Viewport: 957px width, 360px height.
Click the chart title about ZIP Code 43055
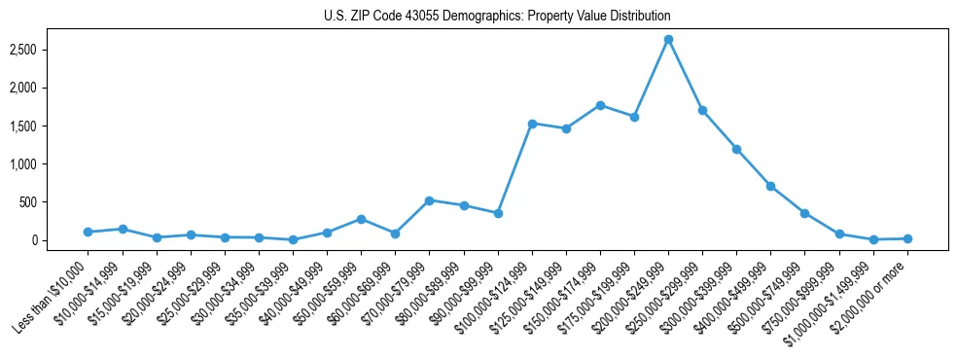pyautogui.click(x=497, y=17)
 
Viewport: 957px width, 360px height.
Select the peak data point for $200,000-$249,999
pyautogui.click(x=668, y=40)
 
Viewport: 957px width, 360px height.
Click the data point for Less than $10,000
pyautogui.click(x=89, y=232)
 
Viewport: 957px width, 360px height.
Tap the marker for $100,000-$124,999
pyautogui.click(x=532, y=124)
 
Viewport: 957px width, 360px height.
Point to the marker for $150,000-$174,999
pyautogui.click(x=600, y=105)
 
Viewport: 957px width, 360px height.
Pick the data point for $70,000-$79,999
pyautogui.click(x=429, y=200)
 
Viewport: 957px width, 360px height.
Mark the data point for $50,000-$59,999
pyautogui.click(x=361, y=219)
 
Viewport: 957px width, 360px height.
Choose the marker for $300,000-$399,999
pyautogui.click(x=736, y=149)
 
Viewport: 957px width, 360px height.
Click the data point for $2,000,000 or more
pyautogui.click(x=907, y=238)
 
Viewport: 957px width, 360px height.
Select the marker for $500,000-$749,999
pyautogui.click(x=804, y=213)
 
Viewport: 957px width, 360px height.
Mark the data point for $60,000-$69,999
pyautogui.click(x=395, y=234)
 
